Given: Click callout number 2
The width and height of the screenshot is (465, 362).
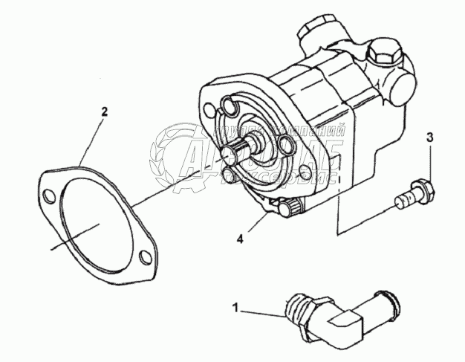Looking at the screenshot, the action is point(104,112).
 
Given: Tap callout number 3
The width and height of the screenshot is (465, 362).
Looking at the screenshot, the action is point(430,137).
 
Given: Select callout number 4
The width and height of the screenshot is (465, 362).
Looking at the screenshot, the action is point(240,239).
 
